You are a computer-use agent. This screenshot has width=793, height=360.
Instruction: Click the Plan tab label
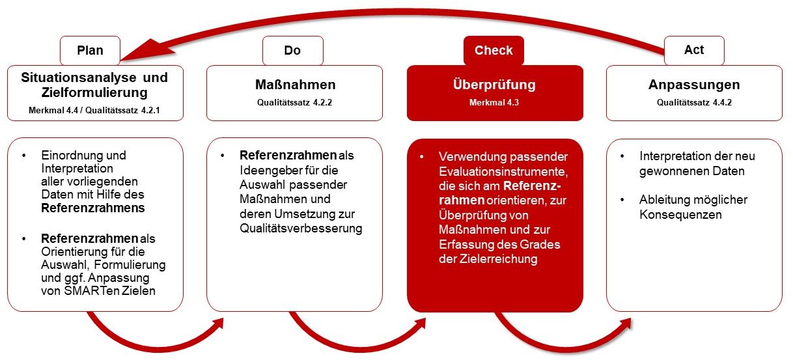(90, 50)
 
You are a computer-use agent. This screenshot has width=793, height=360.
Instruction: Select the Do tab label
(292, 50)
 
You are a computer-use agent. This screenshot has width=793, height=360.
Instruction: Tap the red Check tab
(494, 50)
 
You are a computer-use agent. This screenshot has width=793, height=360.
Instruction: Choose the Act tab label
(694, 50)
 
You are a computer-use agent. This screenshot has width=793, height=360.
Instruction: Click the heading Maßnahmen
(294, 85)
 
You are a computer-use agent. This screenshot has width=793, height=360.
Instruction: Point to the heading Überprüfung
(494, 85)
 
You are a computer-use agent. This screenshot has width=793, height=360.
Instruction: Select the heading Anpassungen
(694, 85)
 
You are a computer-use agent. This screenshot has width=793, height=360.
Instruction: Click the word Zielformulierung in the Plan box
(94, 92)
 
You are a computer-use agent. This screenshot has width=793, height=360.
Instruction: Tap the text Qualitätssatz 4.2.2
(294, 102)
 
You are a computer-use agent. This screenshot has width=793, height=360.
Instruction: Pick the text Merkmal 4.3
(494, 102)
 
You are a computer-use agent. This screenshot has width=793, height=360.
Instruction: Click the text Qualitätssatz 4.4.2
(694, 102)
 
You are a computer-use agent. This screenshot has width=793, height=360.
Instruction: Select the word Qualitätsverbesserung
(301, 228)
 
